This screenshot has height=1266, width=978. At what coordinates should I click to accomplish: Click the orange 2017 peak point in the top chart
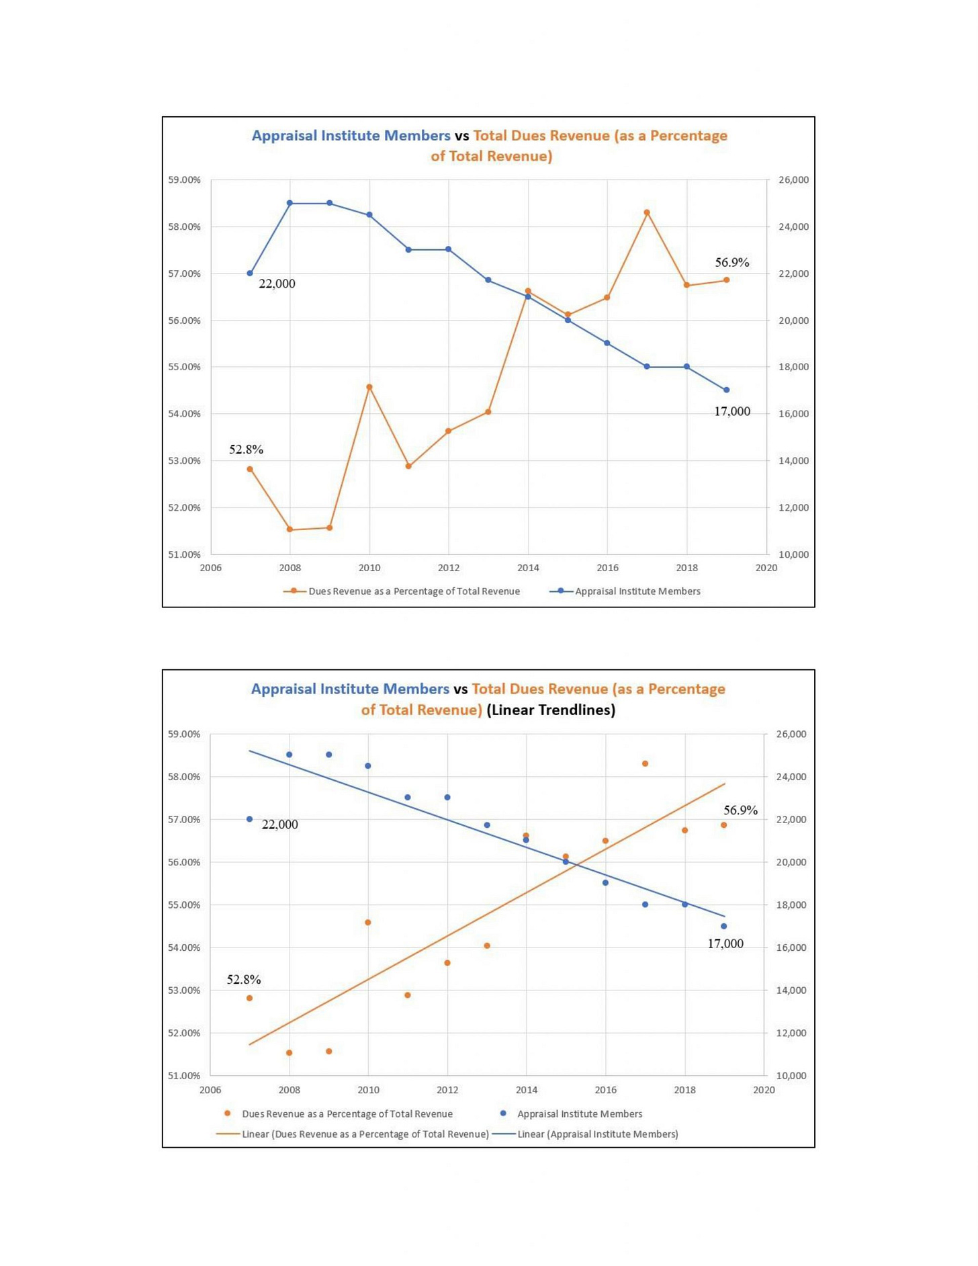(647, 212)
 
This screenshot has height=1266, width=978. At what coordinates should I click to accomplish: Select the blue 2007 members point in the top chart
(250, 273)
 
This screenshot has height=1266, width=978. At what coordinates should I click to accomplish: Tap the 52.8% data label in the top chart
(246, 450)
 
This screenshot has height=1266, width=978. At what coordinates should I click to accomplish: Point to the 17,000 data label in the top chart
(731, 411)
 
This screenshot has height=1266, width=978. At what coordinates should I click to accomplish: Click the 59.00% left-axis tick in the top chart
(184, 180)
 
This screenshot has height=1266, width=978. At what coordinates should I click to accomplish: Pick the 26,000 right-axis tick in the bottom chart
(791, 734)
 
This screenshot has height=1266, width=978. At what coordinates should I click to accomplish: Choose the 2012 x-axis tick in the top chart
(449, 568)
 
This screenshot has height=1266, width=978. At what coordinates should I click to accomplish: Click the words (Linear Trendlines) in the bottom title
(551, 710)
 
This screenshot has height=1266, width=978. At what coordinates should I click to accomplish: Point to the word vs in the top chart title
(461, 136)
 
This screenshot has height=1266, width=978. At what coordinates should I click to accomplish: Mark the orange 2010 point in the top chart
(369, 387)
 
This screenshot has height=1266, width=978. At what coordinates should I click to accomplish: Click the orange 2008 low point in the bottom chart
(290, 1052)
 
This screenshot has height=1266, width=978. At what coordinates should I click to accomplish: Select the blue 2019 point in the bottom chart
(723, 926)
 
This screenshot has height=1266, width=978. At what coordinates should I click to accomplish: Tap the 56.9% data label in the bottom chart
(740, 810)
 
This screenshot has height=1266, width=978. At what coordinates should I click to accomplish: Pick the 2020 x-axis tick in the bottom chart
(764, 1090)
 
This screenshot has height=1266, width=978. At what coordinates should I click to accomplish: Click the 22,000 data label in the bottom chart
(279, 825)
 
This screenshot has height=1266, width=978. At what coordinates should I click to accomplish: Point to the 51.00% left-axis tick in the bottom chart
(184, 1076)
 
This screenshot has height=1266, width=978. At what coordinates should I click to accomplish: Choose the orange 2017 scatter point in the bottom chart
(645, 763)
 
